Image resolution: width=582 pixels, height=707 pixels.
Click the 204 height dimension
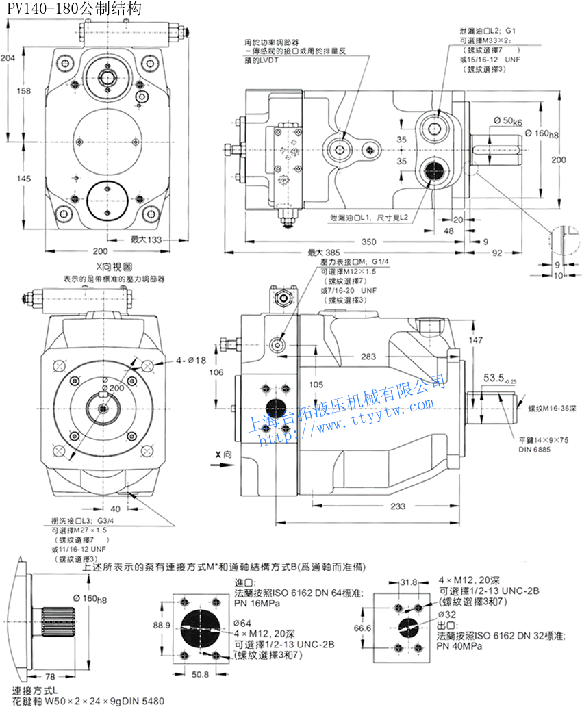8,59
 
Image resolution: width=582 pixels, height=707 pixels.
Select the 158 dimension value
24,91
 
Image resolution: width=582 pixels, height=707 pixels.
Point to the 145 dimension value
24,179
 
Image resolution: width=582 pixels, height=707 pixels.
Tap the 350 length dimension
369,242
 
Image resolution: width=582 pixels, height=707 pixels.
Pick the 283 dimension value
368,356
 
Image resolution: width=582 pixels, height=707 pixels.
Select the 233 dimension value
397,506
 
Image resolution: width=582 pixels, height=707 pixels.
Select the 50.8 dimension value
200,674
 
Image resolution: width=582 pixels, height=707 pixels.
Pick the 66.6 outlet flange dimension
363,628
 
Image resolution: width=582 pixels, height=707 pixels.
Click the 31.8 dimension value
408,582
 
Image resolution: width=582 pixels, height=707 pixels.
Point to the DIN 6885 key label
535,449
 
